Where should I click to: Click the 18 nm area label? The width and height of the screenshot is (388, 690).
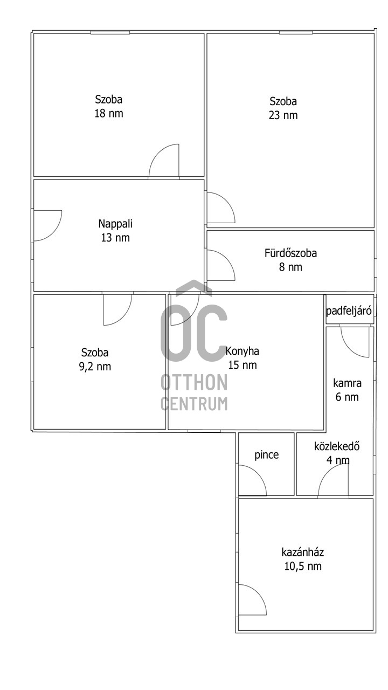[x=109, y=114]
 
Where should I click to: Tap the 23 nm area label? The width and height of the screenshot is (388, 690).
[x=283, y=115]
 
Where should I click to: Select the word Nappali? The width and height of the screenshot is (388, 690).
[x=115, y=223]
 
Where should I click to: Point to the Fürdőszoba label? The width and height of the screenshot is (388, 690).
[x=290, y=253]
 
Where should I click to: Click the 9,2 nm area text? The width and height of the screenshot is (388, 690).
[x=95, y=367]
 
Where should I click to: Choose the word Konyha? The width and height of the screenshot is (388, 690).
[x=242, y=351]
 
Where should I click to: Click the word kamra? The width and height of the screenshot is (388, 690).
[x=347, y=384]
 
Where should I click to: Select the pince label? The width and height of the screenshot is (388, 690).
[x=267, y=455]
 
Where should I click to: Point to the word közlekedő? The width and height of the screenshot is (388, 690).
[x=337, y=446]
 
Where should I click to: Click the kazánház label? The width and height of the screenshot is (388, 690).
[x=302, y=552]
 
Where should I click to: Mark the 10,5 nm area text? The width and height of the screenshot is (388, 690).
[x=302, y=566]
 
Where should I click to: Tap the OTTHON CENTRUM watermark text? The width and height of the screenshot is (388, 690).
[x=194, y=392]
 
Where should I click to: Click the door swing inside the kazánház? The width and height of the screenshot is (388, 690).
[x=251, y=599]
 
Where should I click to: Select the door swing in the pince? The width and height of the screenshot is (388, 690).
[x=252, y=481]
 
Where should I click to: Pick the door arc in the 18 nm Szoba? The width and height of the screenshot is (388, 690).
[x=164, y=161]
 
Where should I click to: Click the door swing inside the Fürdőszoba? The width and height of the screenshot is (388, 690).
[x=220, y=265]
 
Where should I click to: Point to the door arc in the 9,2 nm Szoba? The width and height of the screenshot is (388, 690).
[x=117, y=309]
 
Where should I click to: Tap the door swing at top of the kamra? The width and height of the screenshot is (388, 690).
[x=355, y=341]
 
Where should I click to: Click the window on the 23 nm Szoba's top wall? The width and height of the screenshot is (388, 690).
[x=295, y=33]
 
